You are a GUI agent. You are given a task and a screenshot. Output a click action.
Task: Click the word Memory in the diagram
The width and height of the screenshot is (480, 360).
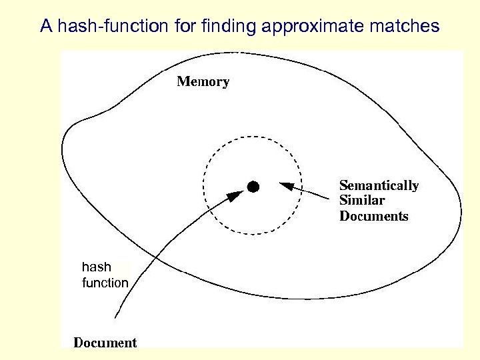click(203, 82)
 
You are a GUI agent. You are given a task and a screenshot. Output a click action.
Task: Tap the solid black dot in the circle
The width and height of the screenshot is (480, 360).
click(253, 187)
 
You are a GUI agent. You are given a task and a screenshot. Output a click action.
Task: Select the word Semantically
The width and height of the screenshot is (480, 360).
click(379, 185)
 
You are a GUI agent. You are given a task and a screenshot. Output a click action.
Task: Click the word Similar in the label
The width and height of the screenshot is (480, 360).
click(362, 201)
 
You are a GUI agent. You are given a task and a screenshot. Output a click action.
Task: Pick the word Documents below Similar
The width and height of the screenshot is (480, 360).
click(373, 216)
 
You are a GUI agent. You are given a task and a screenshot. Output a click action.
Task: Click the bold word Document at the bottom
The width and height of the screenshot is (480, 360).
click(105, 343)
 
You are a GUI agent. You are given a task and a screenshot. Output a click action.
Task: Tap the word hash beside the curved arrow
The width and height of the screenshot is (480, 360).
click(96, 267)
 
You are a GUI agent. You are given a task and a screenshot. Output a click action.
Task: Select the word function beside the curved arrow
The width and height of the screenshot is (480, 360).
click(105, 283)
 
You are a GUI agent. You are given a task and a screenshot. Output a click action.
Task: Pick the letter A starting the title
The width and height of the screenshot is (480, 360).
click(46, 27)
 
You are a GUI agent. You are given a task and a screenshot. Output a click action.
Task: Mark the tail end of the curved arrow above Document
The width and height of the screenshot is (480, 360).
click(116, 316)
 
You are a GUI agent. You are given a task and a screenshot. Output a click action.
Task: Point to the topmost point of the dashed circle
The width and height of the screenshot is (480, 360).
click(253, 137)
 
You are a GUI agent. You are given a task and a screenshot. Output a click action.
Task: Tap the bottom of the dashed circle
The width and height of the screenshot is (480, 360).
click(253, 234)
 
